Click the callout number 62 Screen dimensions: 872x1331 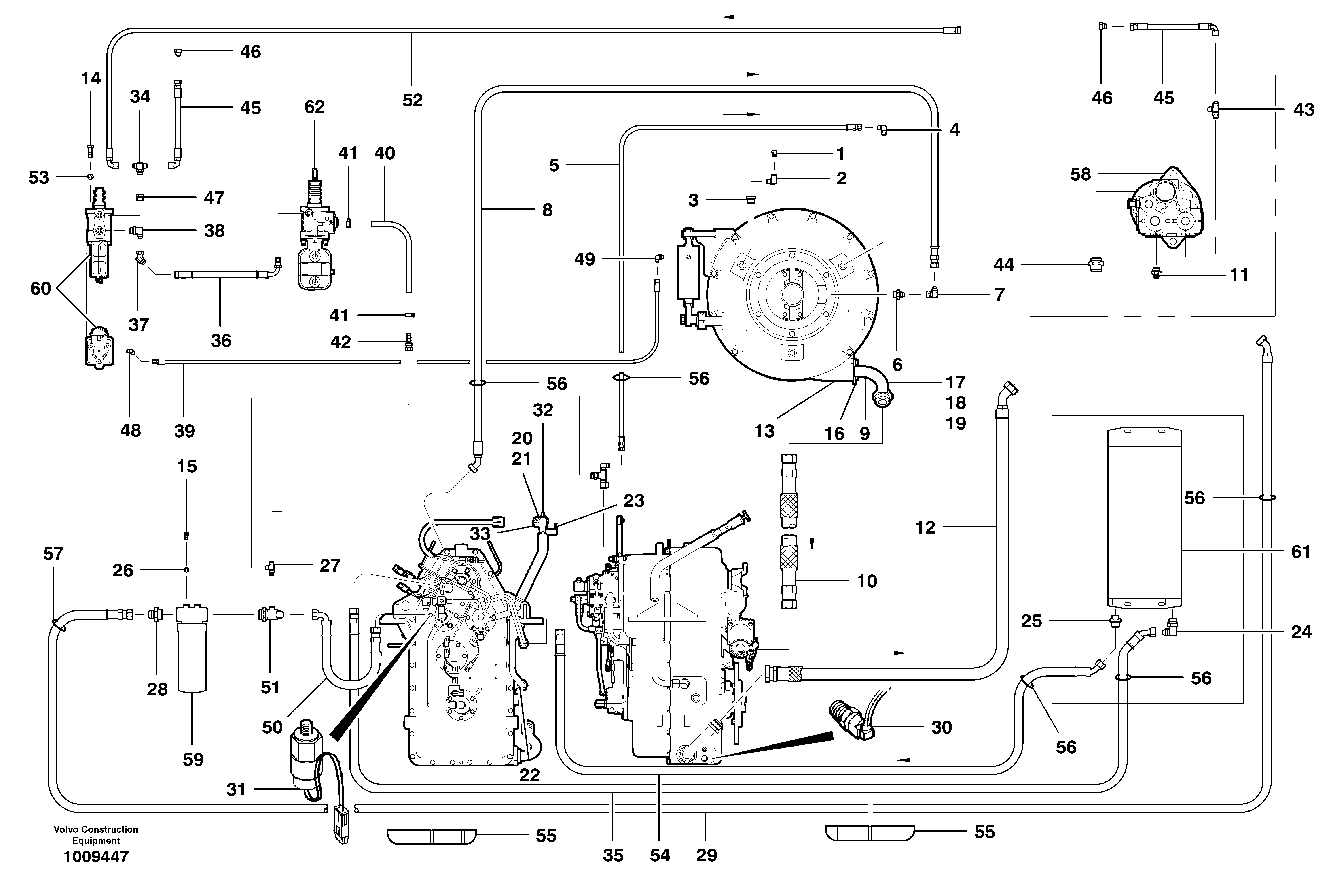(314, 107)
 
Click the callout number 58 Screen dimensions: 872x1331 (1080, 174)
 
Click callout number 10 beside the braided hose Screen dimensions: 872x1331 (867, 581)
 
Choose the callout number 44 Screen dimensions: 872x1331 (1004, 264)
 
